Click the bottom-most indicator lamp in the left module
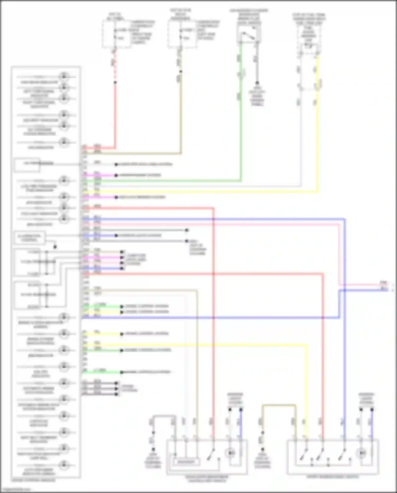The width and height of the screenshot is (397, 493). (x=64, y=465)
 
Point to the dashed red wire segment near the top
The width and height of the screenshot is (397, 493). (x=115, y=66)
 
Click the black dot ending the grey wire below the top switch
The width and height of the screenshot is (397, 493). (x=257, y=83)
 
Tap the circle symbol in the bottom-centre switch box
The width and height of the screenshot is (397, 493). (x=230, y=453)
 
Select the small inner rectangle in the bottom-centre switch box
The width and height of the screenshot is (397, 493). (x=186, y=462)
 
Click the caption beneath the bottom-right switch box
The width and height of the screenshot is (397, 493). (x=333, y=477)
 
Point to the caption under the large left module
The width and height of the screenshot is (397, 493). (x=34, y=480)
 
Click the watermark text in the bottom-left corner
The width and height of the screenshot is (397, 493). (x=16, y=490)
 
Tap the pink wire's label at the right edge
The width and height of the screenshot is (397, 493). (x=384, y=283)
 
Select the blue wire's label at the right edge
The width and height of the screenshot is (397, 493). (x=384, y=289)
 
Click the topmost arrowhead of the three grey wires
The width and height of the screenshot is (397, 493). (x=116, y=383)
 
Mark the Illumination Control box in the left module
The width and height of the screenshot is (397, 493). (x=29, y=238)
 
